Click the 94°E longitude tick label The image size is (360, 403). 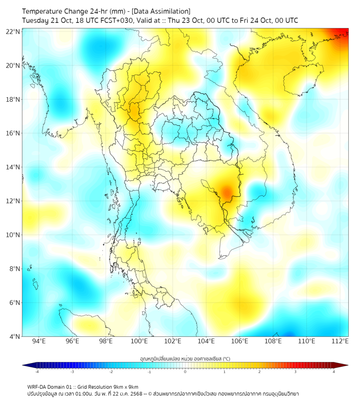[x=39, y=341]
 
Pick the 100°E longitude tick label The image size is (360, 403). [x=140, y=341]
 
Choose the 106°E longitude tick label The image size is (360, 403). [x=240, y=341]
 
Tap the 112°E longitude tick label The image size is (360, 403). [x=340, y=341]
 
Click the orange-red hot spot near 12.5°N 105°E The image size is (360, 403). [x=227, y=191]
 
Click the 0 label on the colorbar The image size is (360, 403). [x=185, y=372]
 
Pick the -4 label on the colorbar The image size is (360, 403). [x=37, y=372]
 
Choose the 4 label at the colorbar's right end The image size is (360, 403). [x=334, y=372]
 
